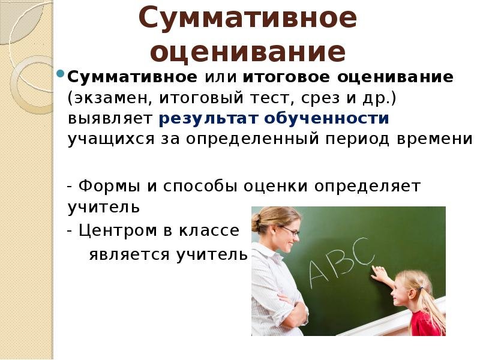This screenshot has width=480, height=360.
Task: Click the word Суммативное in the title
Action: (x=248, y=19)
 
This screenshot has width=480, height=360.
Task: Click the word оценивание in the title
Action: (x=248, y=52)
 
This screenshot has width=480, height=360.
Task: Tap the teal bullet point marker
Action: (x=61, y=73)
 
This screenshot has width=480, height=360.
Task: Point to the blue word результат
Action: (x=208, y=119)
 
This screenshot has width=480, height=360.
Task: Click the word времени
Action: (x=434, y=139)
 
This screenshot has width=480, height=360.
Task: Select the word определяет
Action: (x=367, y=186)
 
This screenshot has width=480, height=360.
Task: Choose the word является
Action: (x=129, y=254)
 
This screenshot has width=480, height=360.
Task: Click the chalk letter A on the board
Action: (x=320, y=274)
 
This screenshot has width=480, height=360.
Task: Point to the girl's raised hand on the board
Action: (x=379, y=272)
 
